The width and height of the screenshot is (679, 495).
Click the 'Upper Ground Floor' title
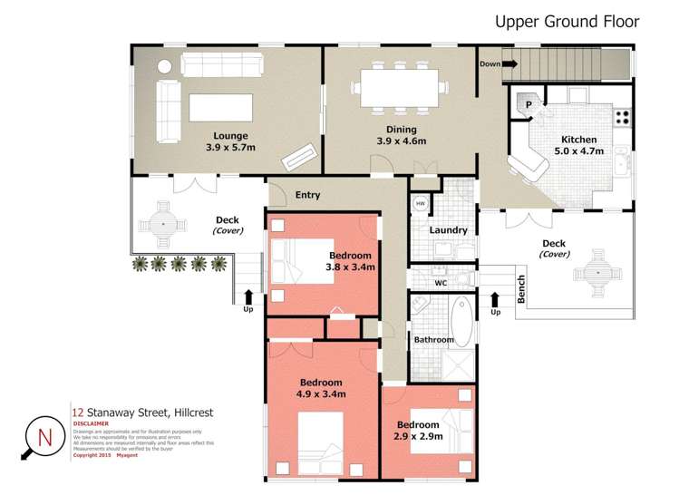coord(567,22)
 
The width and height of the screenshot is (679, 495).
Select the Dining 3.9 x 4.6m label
coord(401,135)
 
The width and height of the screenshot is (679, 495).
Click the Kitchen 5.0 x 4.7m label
coord(578,146)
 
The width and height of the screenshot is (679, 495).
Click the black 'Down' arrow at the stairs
coord(509,64)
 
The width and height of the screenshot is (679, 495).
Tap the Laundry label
coord(448,230)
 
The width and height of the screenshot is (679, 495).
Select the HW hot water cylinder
coord(421,204)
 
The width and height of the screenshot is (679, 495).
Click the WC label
coord(441,283)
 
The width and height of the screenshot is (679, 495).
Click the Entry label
coord(307,195)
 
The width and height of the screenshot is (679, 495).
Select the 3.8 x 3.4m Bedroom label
coord(351,261)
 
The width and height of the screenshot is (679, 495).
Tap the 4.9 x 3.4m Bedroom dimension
coord(321,395)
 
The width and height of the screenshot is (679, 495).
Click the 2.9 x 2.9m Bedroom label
coord(418,431)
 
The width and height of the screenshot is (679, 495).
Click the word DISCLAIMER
coord(91,423)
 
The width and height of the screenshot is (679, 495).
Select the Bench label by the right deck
coord(520,288)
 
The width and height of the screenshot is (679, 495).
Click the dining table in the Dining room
coord(401,89)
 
